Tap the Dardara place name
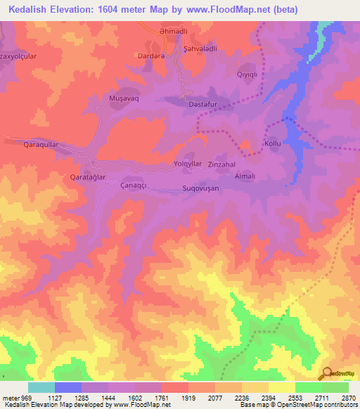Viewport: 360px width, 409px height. (x=151, y=56)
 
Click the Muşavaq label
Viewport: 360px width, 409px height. (x=121, y=98)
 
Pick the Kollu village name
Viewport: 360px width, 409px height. (x=272, y=143)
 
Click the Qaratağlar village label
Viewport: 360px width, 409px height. (x=87, y=178)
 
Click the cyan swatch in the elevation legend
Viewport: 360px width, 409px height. (x=41, y=387)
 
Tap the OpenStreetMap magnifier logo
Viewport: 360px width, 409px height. (x=327, y=373)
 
